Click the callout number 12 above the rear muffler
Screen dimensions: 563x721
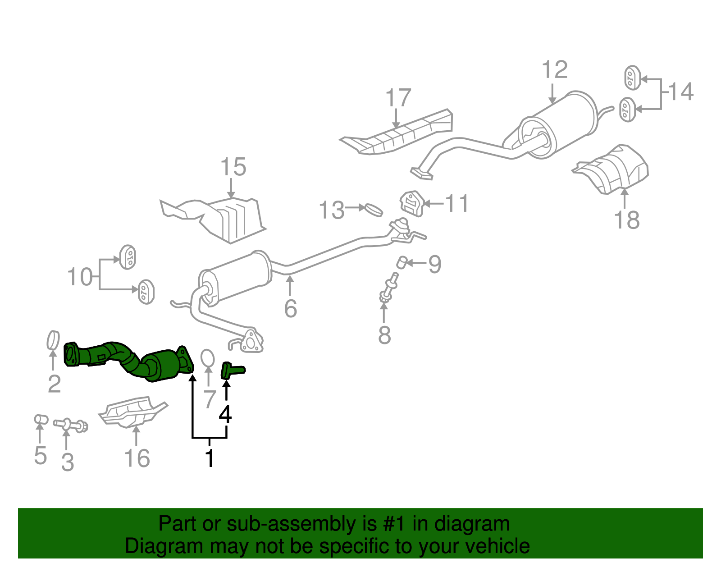tap(554, 70)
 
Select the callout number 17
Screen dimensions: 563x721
tap(398, 98)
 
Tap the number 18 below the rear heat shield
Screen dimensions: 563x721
tap(626, 220)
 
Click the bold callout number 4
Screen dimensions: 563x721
tap(225, 414)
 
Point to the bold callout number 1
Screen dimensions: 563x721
tap(210, 458)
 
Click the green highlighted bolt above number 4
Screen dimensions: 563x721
tap(232, 371)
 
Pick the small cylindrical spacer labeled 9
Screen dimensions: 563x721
tap(402, 262)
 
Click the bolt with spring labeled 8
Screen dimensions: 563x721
tap(388, 288)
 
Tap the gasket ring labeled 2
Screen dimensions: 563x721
tap(53, 340)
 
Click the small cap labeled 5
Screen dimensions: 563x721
tap(41, 419)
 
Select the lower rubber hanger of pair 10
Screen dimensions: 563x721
tap(146, 292)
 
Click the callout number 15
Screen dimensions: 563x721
tap(233, 167)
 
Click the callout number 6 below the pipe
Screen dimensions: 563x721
tap(290, 308)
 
